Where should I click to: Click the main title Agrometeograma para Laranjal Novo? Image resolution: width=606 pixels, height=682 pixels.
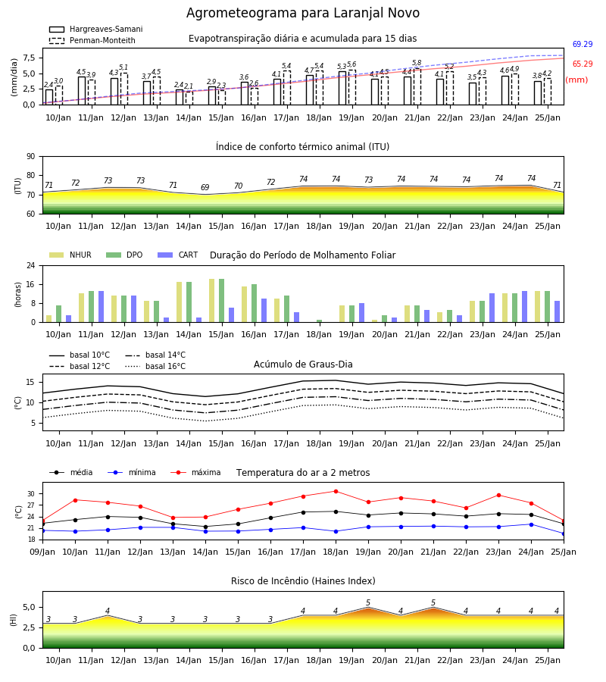303,13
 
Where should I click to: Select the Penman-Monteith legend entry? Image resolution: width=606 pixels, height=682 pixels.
92,40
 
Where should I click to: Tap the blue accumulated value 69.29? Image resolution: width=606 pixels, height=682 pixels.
583,44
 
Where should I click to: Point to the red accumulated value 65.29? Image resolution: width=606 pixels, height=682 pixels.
583,64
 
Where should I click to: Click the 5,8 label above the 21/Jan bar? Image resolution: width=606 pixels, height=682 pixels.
417,63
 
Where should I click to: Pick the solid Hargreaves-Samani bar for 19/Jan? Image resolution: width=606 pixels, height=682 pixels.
342,89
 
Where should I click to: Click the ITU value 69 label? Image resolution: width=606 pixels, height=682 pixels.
205,187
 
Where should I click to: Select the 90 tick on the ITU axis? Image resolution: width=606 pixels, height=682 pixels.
31,157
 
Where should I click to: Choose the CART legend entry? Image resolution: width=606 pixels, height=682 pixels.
178,255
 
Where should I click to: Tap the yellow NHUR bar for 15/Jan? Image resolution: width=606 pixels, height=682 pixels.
211,301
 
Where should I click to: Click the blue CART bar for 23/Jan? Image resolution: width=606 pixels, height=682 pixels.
492,308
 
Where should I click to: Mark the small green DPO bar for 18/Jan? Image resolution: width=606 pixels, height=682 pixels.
319,321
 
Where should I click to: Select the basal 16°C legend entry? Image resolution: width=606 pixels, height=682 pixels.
155,366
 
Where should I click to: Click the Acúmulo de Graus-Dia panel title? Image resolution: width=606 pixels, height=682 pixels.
303,364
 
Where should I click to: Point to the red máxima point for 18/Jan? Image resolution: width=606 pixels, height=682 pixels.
336,492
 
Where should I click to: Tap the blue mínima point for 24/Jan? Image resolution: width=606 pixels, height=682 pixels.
531,524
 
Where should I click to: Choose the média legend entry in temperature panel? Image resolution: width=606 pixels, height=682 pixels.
71,472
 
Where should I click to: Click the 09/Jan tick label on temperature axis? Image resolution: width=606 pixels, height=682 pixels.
42,552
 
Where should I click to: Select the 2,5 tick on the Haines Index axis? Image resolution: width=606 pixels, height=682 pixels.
29,627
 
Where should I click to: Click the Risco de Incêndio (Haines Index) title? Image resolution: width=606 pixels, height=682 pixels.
303,581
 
